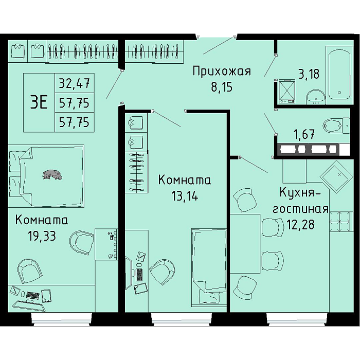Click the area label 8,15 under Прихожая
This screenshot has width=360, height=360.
pos(222,87)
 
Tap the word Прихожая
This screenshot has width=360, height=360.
pos(222,71)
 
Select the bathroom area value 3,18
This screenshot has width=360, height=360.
pos(309,74)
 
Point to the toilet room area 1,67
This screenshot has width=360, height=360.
pos(304,134)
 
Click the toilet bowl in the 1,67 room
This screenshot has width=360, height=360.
pos(336,126)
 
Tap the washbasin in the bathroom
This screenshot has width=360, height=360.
pos(316,96)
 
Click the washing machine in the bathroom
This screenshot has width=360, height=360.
pos(286,91)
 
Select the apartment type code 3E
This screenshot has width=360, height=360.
pos(39,103)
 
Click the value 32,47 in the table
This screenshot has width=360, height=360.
pos(74,83)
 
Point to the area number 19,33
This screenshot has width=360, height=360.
pos(42,236)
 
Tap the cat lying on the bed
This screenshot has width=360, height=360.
pos(52,174)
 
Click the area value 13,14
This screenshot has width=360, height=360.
pos(185,196)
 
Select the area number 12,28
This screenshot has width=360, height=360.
pos(300,225)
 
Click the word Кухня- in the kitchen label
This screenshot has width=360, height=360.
pos(300,192)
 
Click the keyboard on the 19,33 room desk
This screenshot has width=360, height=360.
pos(32,295)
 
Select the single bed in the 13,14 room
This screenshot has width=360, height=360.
pos(209,267)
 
